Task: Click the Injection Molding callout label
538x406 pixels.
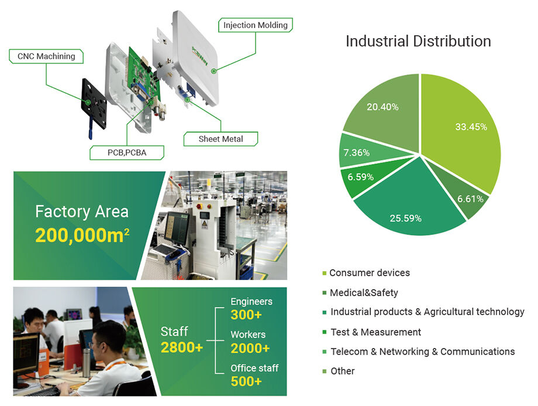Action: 256,25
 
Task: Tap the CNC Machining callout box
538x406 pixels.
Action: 46,56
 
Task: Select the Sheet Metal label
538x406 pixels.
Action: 220,139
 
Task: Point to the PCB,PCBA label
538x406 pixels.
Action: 127,152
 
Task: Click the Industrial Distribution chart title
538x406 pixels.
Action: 418,42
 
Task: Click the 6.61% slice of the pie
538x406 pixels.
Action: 468,196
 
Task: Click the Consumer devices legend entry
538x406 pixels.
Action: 369,273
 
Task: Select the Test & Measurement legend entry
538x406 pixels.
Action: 375,332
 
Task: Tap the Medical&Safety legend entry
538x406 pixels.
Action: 363,292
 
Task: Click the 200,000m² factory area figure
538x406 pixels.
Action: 82,235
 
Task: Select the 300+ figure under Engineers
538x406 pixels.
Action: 246,315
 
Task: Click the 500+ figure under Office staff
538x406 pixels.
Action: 246,381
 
